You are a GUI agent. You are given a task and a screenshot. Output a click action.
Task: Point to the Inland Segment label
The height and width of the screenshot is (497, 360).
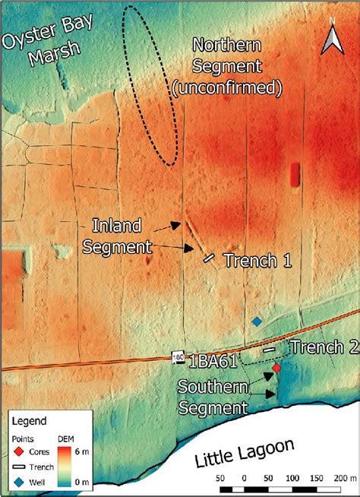click(122, 235)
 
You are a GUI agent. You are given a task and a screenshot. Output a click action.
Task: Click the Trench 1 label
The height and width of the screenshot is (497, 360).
click(257, 260)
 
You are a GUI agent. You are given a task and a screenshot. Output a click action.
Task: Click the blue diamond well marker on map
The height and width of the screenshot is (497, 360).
click(257, 322)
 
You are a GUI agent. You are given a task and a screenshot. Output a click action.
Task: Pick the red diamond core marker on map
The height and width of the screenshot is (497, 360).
click(276, 368)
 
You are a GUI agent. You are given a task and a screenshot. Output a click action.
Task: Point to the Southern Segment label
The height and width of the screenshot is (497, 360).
click(213, 397)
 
